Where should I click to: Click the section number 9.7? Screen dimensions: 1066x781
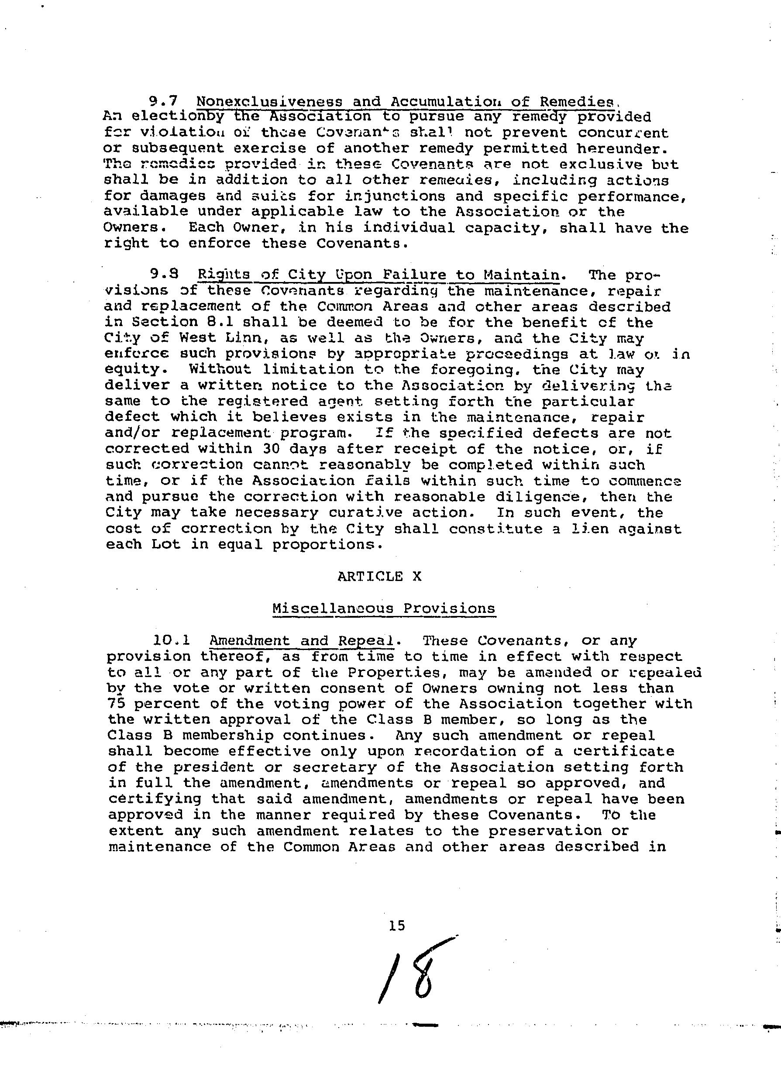point(163,101)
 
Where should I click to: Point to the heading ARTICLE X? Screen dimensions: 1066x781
point(379,576)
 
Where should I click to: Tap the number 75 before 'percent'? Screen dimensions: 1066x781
point(115,704)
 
